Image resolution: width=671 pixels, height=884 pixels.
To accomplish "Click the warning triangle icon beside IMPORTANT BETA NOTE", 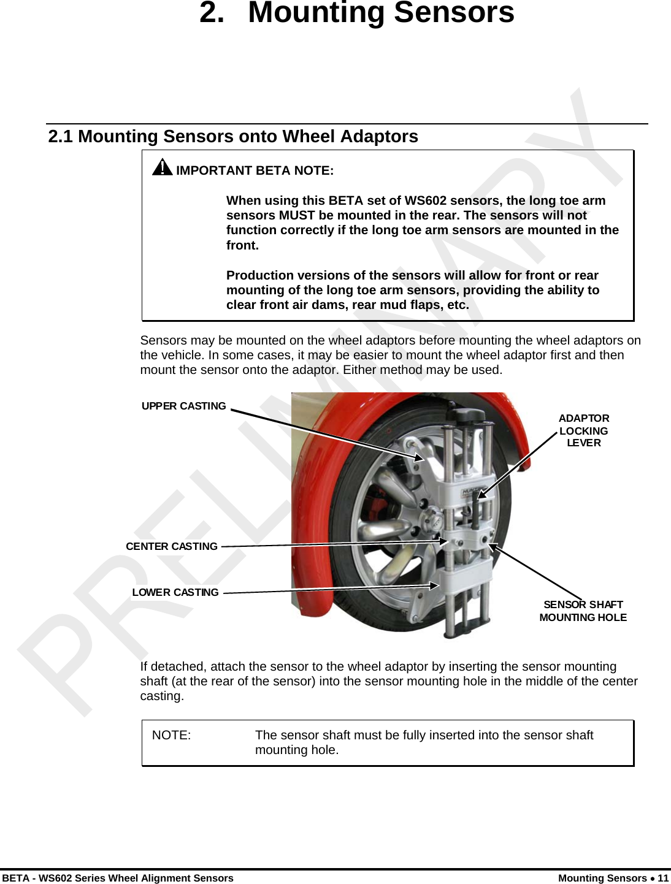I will (162, 167).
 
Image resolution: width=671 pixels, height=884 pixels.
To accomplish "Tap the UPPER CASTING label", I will (183, 406).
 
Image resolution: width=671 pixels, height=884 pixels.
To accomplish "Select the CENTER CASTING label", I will (171, 546).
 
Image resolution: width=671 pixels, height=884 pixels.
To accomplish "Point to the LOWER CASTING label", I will (175, 592).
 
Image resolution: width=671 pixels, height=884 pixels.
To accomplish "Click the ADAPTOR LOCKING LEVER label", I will (583, 430).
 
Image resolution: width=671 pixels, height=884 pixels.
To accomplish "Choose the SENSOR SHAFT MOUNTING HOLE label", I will (583, 611).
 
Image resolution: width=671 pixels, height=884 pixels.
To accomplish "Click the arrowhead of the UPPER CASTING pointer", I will (419, 457).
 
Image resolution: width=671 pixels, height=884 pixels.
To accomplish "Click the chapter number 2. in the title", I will (212, 12).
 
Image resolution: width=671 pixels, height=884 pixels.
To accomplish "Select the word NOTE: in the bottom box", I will (171, 735).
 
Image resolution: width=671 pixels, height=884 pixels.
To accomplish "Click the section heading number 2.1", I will (60, 136).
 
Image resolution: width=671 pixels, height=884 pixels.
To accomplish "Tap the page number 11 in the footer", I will (662, 878).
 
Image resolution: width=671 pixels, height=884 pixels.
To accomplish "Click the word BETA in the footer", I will (15, 878).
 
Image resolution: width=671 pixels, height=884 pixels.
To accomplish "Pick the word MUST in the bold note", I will (297, 215).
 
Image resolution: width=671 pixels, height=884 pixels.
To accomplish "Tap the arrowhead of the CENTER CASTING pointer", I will (443, 541).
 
